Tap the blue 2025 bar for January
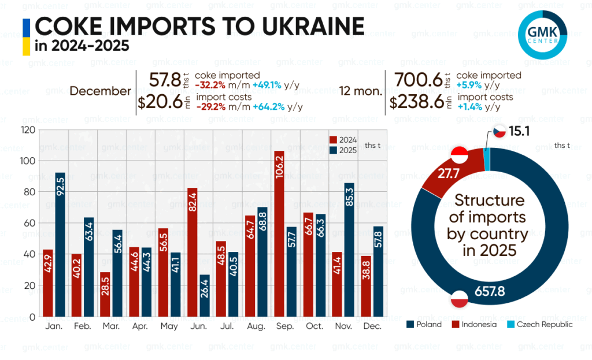[60, 244]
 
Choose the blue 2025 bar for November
[349, 250]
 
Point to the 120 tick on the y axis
[27, 130]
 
